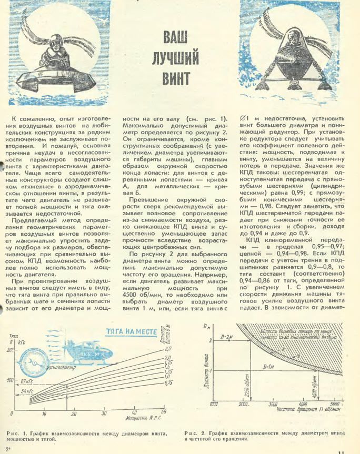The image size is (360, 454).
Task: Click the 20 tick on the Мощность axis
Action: click(x=73, y=414)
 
